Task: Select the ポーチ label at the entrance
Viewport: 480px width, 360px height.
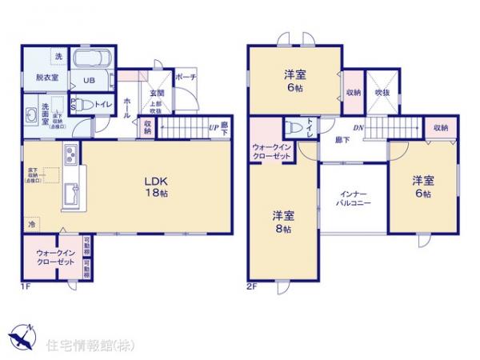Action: point(185,78)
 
